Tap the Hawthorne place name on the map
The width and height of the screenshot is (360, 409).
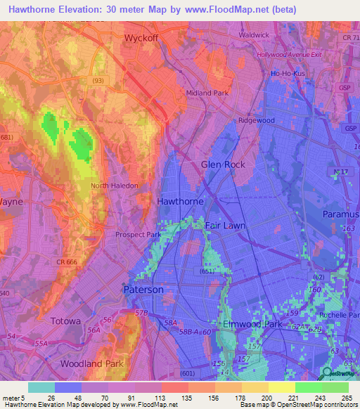(180, 201)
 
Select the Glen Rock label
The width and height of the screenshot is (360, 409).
(223, 164)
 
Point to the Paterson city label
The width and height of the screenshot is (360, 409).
(143, 290)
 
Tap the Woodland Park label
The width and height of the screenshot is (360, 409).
(91, 364)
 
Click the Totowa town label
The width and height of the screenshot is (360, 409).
(67, 320)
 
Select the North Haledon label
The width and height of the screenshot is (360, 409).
(115, 186)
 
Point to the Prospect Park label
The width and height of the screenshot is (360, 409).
(139, 235)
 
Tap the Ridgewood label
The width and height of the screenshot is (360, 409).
(256, 120)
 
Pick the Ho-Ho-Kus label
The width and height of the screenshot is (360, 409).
(286, 73)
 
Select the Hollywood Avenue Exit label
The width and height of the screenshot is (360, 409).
(288, 55)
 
